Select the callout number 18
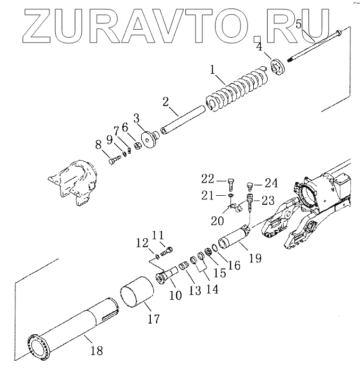[97, 351]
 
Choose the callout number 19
[255, 259]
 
